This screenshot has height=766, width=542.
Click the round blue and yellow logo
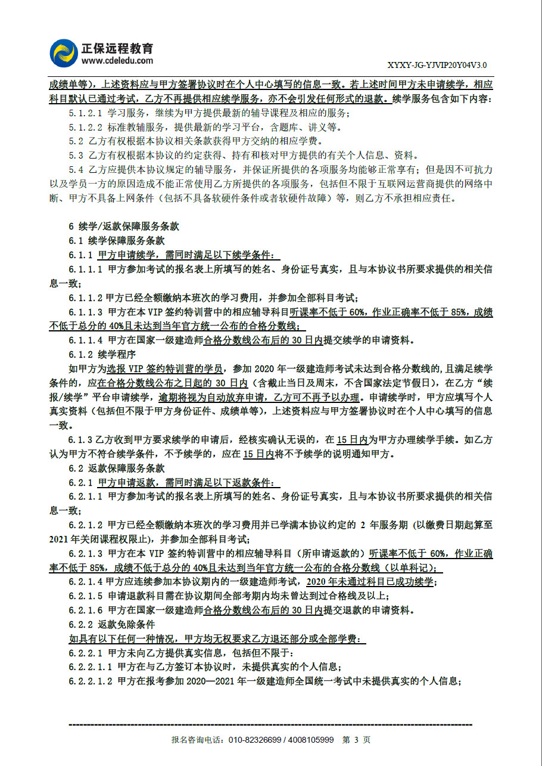(64, 54)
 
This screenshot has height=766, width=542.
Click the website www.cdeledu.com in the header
(117, 60)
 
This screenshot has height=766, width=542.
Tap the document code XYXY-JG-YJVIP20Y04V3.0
(438, 65)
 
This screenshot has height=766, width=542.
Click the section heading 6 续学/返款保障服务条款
(124, 227)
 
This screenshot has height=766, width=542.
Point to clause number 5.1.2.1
(86, 113)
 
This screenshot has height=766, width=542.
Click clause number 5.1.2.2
(86, 127)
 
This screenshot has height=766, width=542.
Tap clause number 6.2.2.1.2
(91, 681)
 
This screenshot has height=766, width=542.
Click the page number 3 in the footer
(356, 740)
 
